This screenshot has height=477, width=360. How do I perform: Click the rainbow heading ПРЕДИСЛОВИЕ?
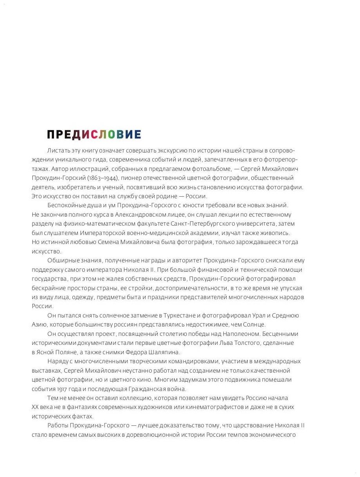pos(94,134)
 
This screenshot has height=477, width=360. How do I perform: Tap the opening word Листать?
pos(58,151)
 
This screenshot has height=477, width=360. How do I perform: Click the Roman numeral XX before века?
pos(35,407)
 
